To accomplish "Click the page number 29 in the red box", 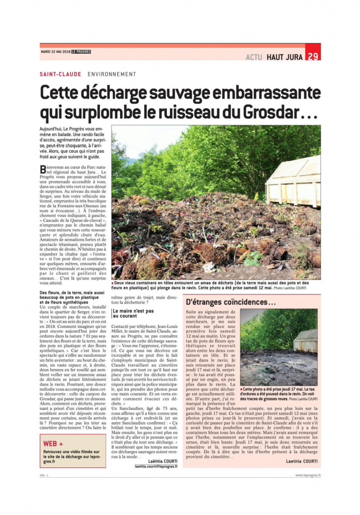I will (x=313, y=56).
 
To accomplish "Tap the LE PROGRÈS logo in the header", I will (x=81, y=51).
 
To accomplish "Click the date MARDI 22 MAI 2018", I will (x=55, y=51).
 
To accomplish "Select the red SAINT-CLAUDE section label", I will (x=60, y=74).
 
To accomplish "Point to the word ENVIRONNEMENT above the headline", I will (x=112, y=74).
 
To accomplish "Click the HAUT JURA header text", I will (x=284, y=57).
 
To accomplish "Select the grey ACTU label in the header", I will (x=254, y=57).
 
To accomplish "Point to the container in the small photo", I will (x=306, y=341).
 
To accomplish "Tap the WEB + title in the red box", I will (x=53, y=444).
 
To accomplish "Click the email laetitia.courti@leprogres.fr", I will (x=156, y=466).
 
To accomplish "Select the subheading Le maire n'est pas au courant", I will (x=133, y=313).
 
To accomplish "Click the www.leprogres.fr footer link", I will (x=308, y=475).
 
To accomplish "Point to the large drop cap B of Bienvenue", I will (x=43, y=169).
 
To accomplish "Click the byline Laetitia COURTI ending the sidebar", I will (x=301, y=461).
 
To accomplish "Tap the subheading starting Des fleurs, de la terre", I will (x=72, y=297).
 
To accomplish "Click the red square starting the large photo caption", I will (x=113, y=283).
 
